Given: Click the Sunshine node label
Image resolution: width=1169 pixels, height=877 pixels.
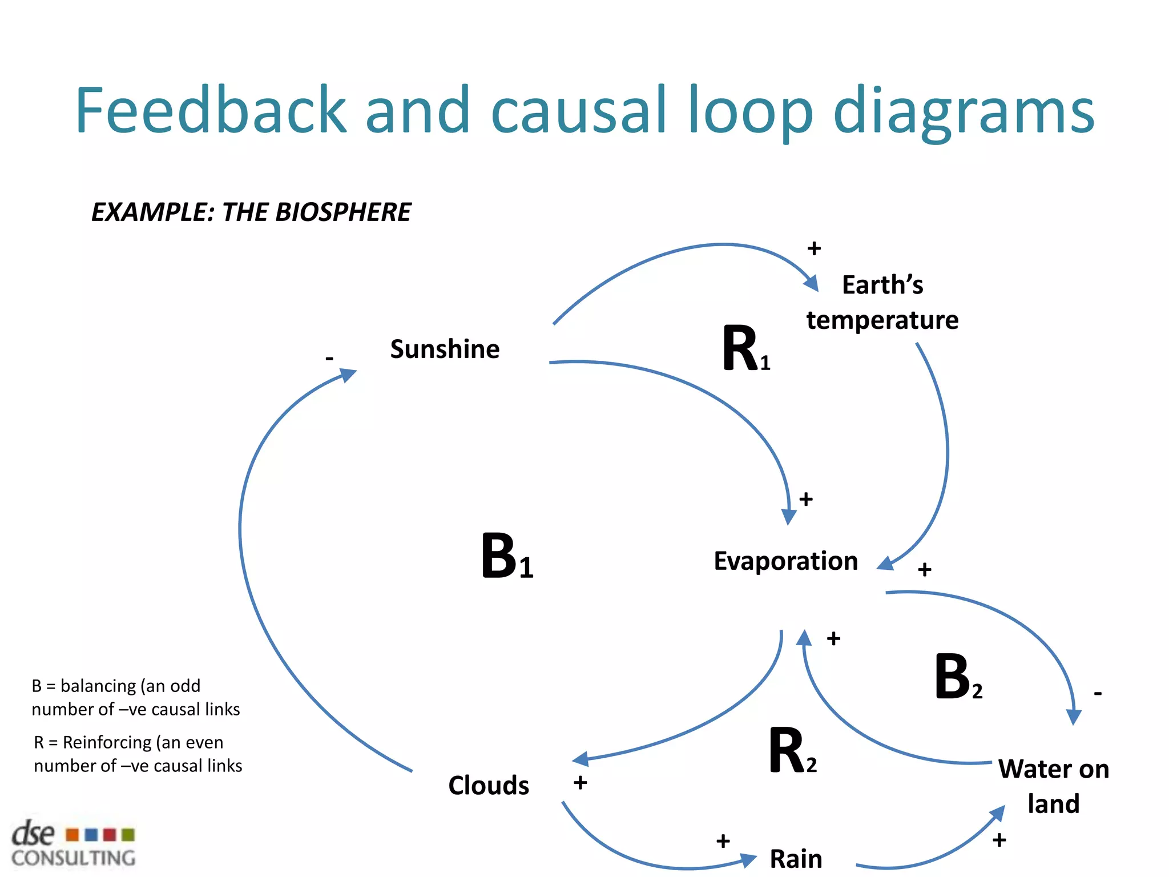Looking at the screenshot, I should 445,349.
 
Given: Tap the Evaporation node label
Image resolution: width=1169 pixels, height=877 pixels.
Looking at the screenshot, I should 785,561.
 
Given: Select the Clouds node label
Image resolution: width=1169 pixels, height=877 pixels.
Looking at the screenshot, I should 489,785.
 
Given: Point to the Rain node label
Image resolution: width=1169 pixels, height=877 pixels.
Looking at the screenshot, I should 796,858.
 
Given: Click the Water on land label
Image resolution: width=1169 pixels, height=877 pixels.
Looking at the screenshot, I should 1053,786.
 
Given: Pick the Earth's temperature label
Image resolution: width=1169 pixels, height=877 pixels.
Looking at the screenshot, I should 882,303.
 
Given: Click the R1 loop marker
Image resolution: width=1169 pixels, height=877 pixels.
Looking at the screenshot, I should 745,349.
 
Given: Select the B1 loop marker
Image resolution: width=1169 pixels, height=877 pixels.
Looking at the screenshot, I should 506,557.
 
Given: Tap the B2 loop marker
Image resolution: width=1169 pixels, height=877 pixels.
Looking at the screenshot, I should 957,678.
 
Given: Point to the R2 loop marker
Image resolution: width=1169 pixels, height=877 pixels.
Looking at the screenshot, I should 791,751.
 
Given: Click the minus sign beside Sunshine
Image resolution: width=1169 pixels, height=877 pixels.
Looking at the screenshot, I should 329,359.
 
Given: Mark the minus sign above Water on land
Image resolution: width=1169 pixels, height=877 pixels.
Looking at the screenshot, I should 1098,694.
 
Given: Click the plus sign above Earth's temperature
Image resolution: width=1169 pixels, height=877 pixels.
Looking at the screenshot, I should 814,248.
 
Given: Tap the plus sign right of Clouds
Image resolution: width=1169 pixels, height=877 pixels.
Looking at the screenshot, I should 581,782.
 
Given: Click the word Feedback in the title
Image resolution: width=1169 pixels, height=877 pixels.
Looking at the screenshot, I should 211,110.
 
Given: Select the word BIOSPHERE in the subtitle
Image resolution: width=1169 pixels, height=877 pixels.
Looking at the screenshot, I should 343,212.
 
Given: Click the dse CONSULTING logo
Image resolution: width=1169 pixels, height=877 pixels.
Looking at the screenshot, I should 73,844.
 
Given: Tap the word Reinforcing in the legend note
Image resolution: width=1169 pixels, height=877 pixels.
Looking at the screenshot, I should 107,742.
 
